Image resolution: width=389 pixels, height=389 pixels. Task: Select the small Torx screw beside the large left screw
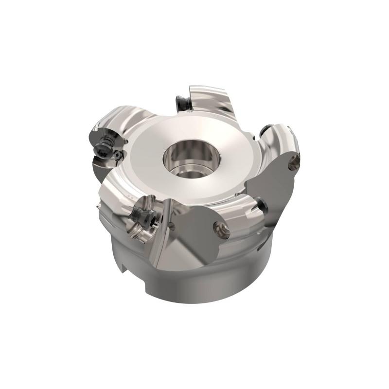118,155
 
